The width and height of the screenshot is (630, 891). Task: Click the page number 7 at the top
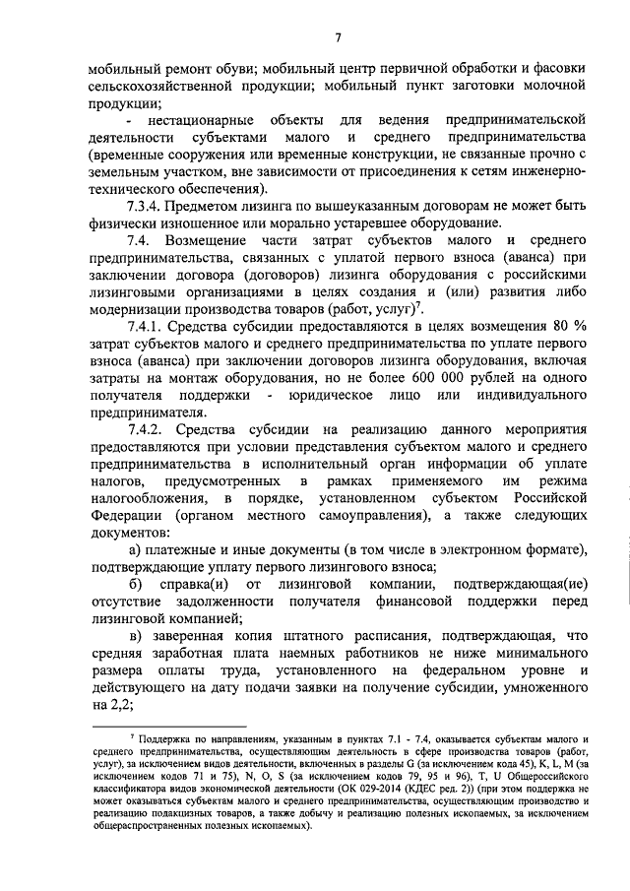click(336, 38)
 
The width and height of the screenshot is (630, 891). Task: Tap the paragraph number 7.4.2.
click(145, 429)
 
